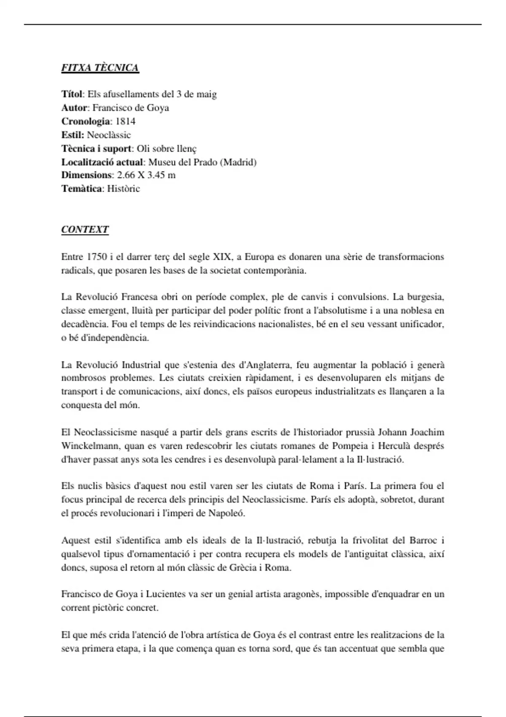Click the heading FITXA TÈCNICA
coord(100,68)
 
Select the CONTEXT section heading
coord(85,229)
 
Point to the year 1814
coord(125,121)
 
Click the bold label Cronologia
coord(86,121)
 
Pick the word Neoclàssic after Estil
coord(109,135)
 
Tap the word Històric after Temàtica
coord(123,189)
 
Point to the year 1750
coord(97,257)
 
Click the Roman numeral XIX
coord(222,257)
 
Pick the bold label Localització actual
coord(102,162)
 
